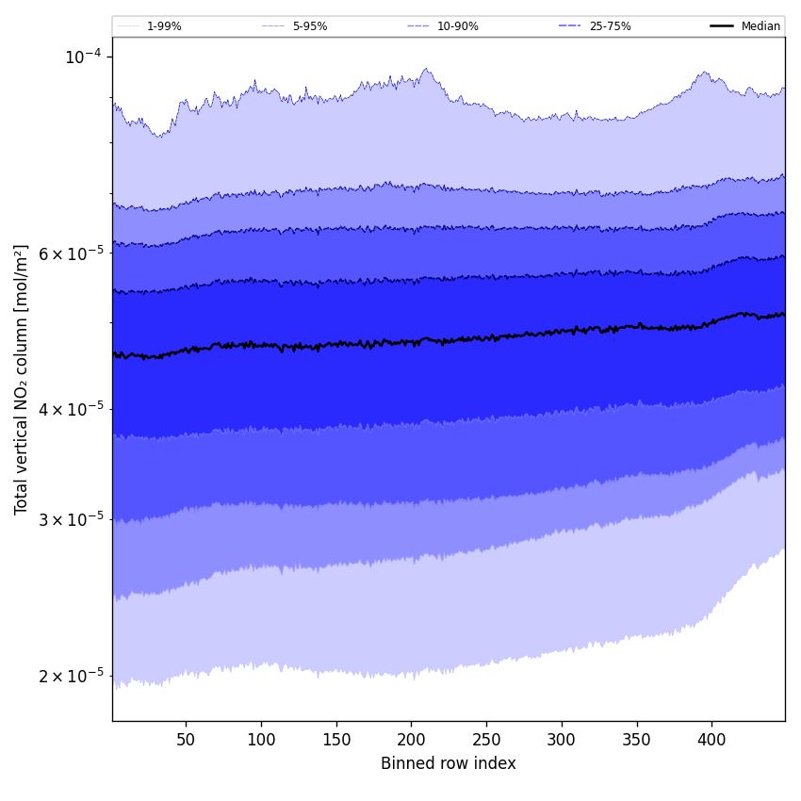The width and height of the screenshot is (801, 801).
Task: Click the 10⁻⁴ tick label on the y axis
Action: click(82, 57)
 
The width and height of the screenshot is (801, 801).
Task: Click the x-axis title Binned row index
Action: click(449, 764)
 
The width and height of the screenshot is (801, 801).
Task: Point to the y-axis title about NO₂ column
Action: click(22, 379)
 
